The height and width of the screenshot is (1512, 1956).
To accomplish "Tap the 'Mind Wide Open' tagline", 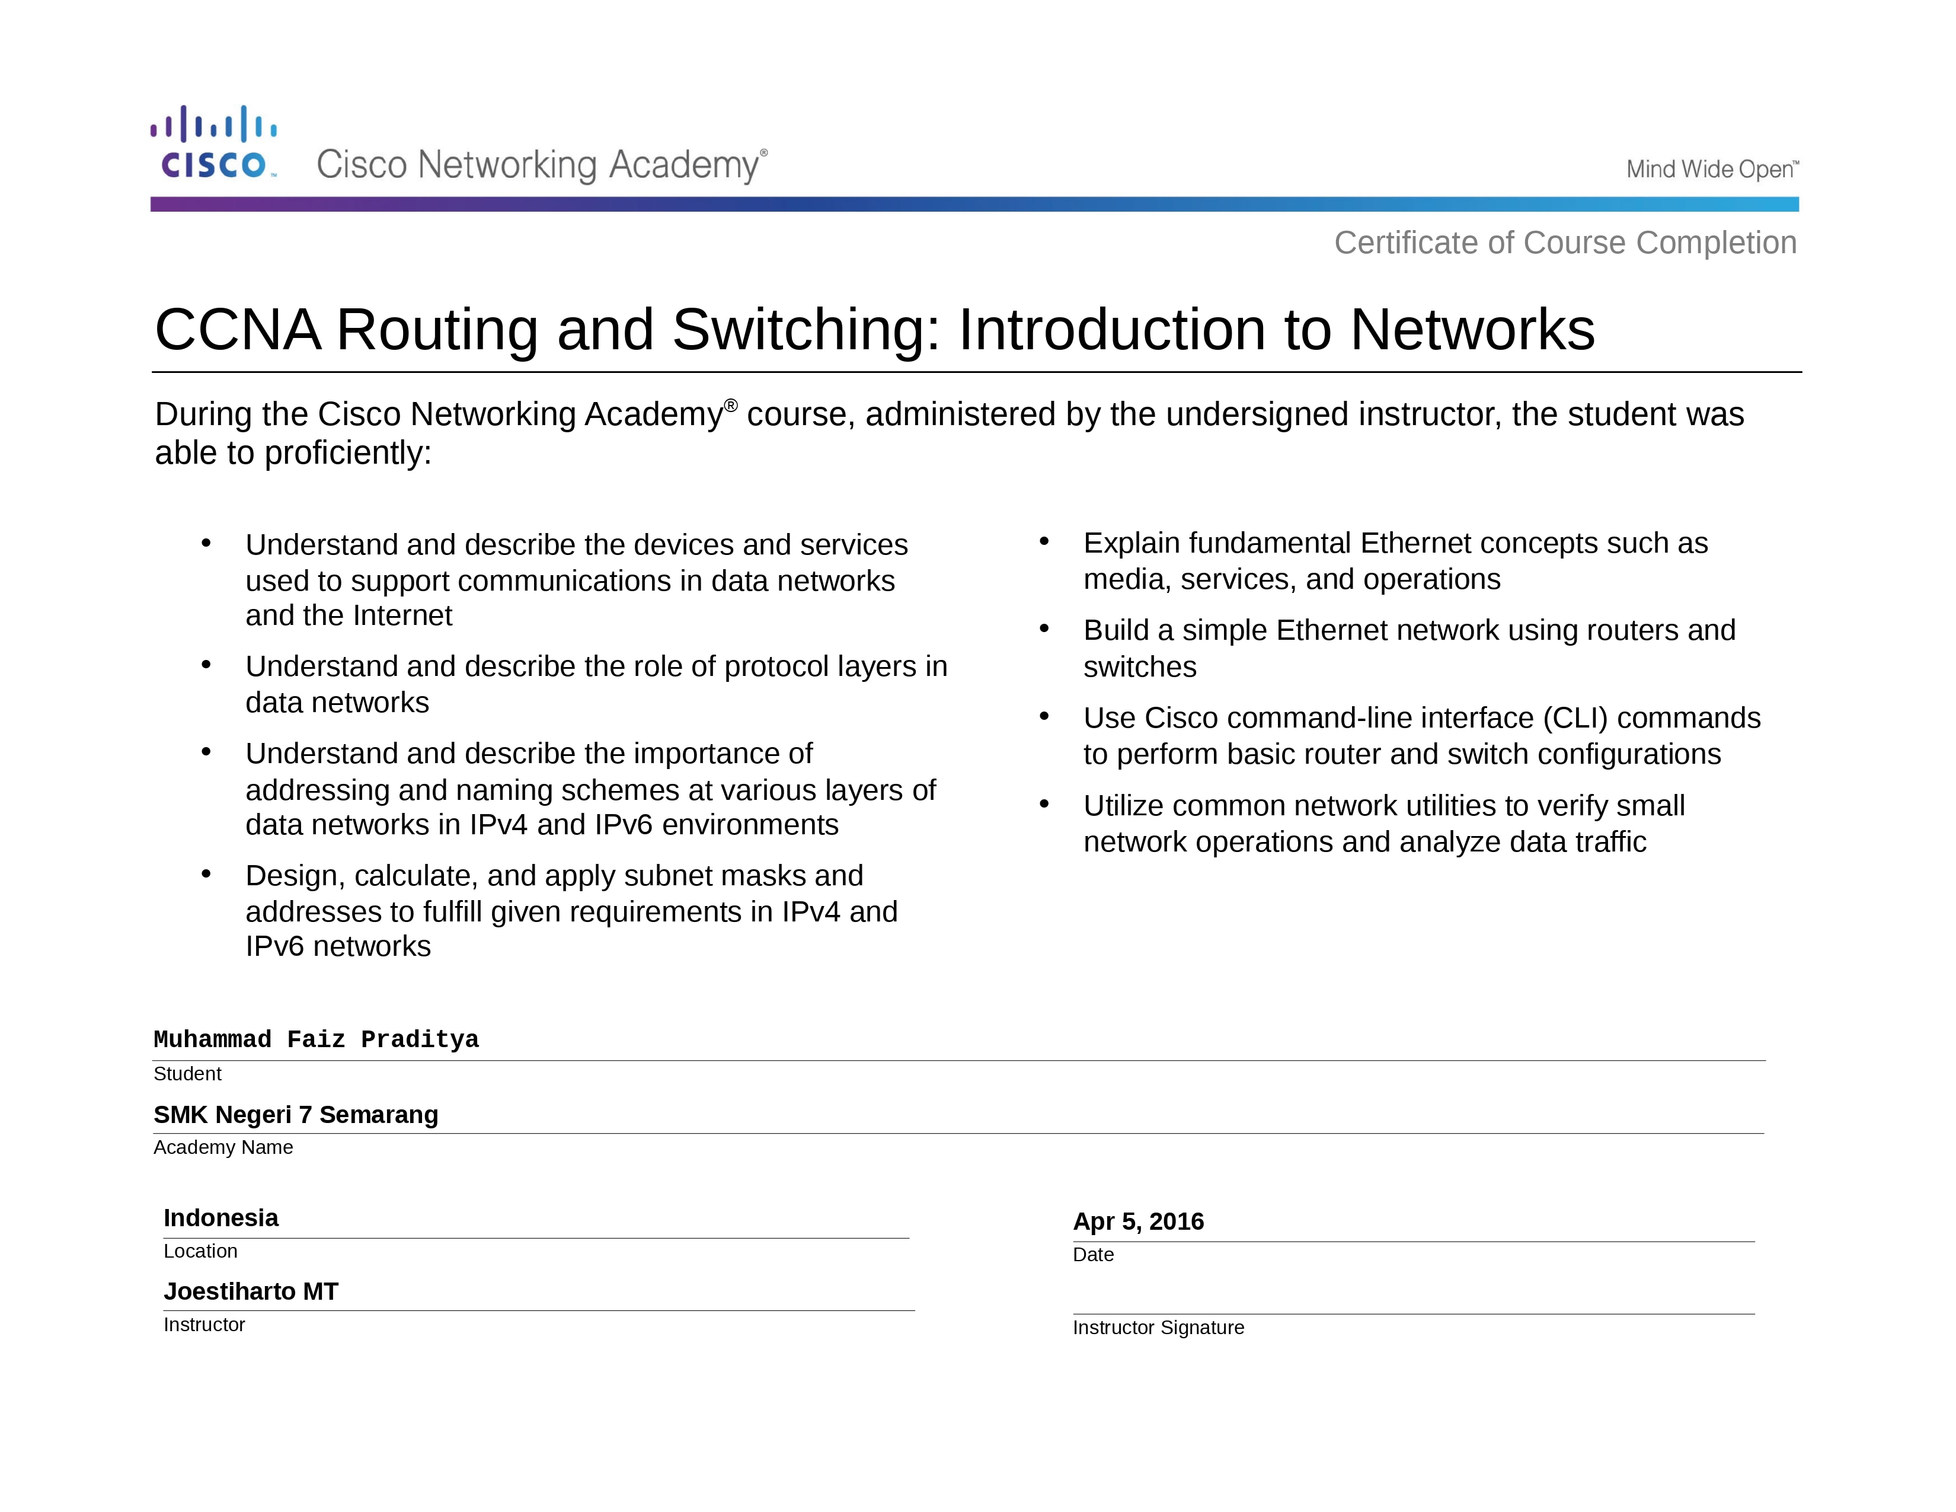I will click(x=1711, y=170).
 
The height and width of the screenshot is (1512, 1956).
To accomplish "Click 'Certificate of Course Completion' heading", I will click(x=1565, y=243).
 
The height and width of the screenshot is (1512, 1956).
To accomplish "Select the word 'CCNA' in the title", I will click(x=237, y=330).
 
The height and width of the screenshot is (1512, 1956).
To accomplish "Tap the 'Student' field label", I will click(x=187, y=1074).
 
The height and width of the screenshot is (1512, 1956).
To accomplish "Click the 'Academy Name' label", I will click(x=223, y=1147).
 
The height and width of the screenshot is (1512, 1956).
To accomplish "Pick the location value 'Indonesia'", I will click(x=220, y=1218).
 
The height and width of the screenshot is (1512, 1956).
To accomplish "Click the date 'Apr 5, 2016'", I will click(x=1138, y=1222).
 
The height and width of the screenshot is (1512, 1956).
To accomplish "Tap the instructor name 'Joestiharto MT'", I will click(x=251, y=1291).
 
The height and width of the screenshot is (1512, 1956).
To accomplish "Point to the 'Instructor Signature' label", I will click(x=1158, y=1328).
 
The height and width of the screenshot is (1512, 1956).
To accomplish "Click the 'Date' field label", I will click(x=1092, y=1255).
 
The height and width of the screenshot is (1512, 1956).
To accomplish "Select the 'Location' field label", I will click(x=200, y=1251).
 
